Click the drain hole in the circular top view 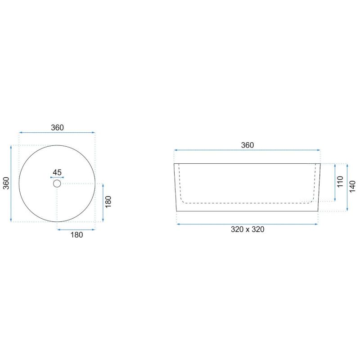pos(57,184)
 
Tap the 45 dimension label pos(57,172)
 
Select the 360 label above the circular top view pos(57,127)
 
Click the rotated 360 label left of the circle pos(6,183)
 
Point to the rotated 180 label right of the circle pos(108,202)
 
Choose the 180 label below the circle pos(76,234)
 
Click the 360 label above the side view pos(247,145)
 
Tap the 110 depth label pos(340,181)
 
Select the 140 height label pos(352,186)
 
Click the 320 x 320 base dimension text pos(247,229)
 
